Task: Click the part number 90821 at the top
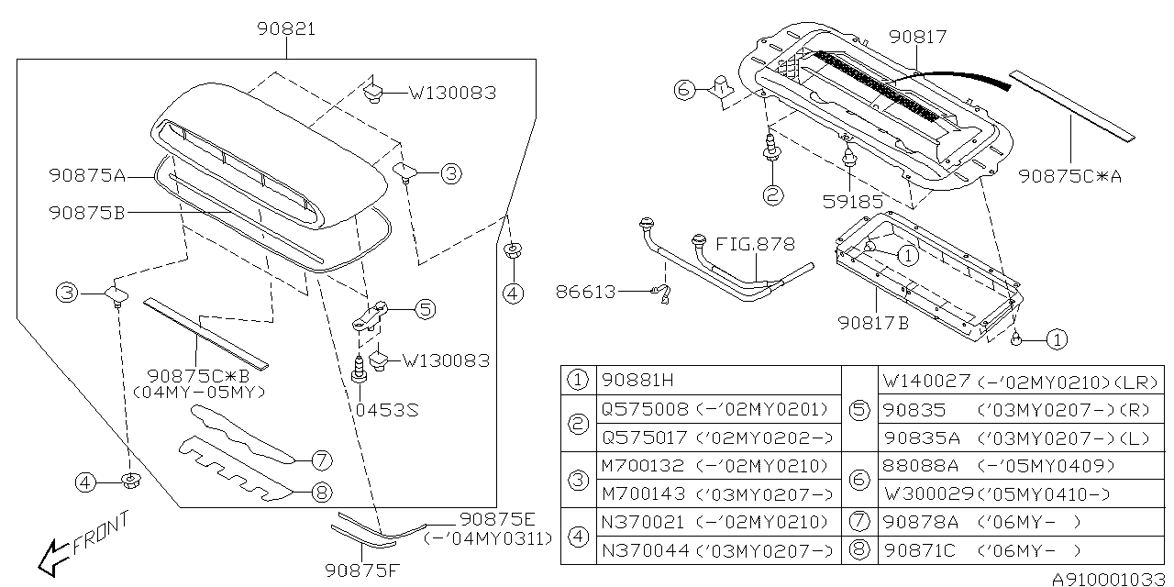coord(286,29)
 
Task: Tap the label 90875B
coord(88,212)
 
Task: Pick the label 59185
coord(853,200)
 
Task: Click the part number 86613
coord(586,292)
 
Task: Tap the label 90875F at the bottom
coord(361,570)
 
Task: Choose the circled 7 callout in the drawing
coord(320,460)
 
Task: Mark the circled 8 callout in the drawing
coord(320,493)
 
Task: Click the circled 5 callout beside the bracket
coord(425,309)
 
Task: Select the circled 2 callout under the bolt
coord(772,194)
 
